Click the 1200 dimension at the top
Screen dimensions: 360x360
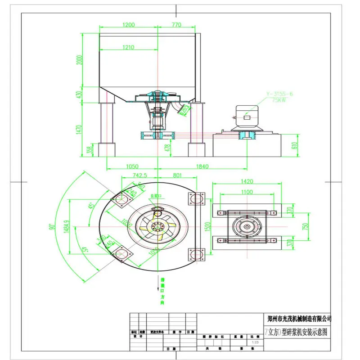(x=128, y=26)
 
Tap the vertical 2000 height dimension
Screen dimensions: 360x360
(x=80, y=60)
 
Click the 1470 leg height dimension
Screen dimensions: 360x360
(x=80, y=130)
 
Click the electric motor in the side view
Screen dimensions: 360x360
(x=245, y=117)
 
